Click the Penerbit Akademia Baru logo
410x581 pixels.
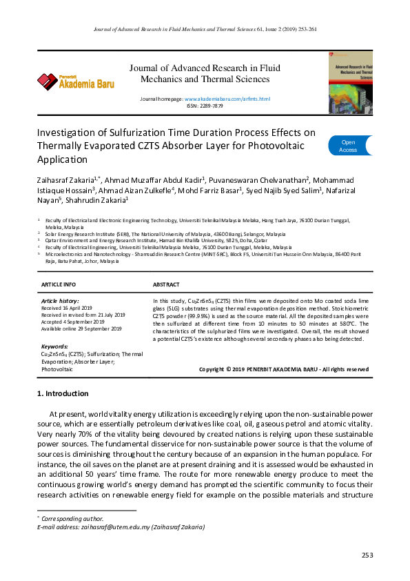click(x=76, y=81)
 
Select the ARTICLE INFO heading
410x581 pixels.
click(x=59, y=284)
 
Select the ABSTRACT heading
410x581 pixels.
click(x=166, y=284)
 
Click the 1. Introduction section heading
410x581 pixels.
click(x=62, y=393)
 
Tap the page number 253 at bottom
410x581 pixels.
click(x=367, y=555)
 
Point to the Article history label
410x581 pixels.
click(x=60, y=302)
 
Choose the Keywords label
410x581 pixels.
click(x=54, y=346)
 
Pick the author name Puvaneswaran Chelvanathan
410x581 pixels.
click(x=267, y=178)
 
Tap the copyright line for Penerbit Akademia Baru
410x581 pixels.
click(x=283, y=369)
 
